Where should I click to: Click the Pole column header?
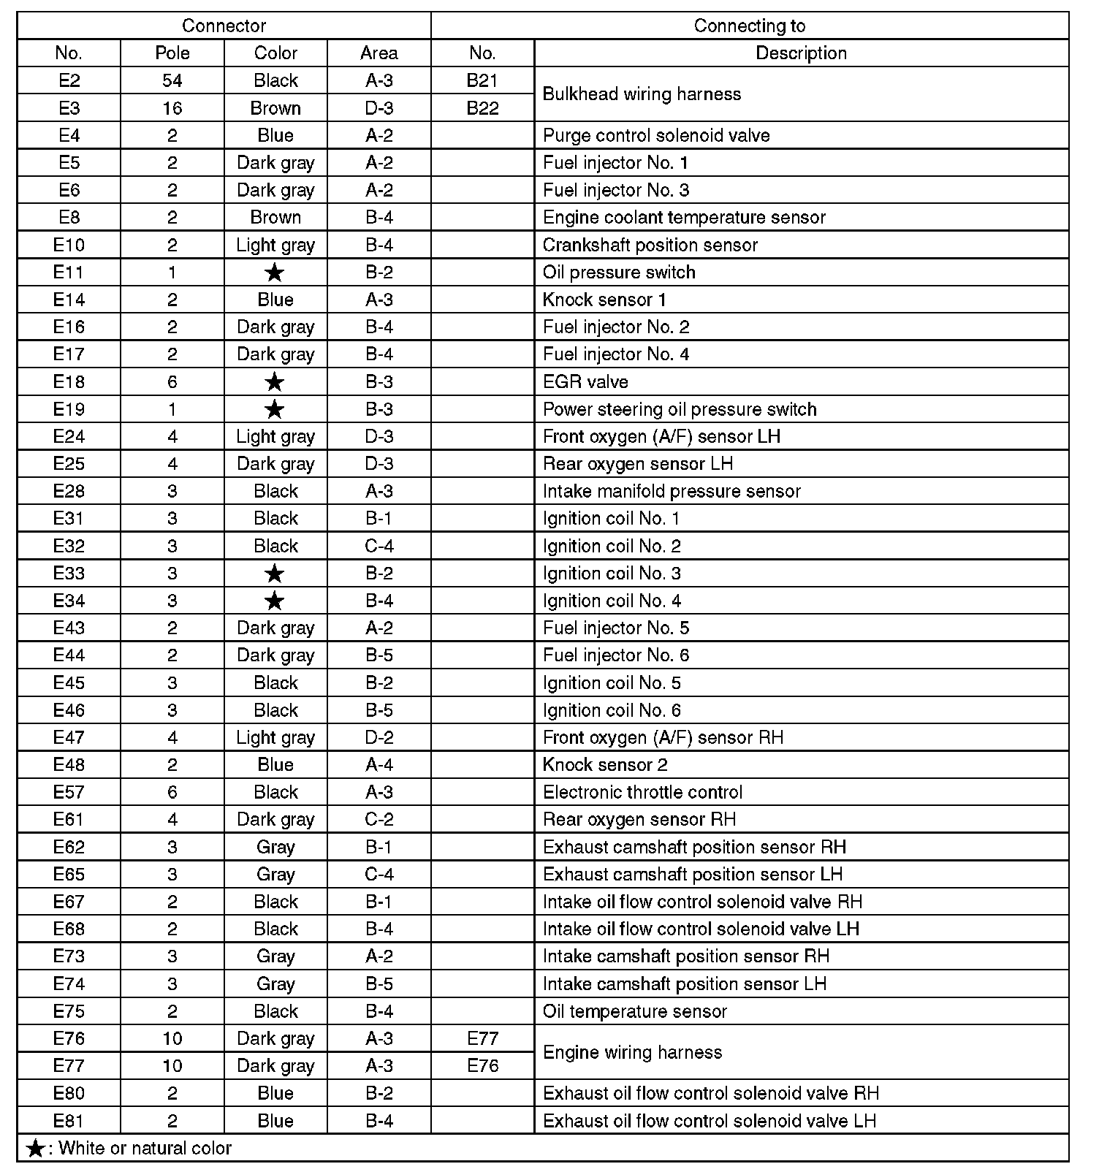pos(172,53)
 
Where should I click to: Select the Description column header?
pos(801,53)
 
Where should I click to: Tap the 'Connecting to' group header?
pos(749,26)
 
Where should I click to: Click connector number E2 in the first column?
pos(69,80)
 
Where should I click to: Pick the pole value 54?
pos(172,80)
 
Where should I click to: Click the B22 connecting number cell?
pos(482,108)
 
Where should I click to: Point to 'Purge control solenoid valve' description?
pos(656,135)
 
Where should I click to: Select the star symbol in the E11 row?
pos(275,273)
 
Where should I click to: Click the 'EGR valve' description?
pos(585,381)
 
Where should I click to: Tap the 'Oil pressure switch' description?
pos(619,273)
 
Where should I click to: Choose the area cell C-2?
pos(379,819)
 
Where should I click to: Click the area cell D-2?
pos(379,737)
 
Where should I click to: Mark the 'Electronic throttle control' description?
pos(642,792)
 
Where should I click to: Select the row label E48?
pos(69,764)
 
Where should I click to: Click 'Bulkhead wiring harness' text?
pos(642,94)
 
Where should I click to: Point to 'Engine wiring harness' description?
pos(632,1052)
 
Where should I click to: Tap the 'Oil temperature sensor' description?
pos(634,1011)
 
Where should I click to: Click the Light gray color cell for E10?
pos(275,245)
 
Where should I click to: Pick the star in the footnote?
pos(35,1149)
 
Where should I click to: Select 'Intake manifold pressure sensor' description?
pos(672,491)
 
